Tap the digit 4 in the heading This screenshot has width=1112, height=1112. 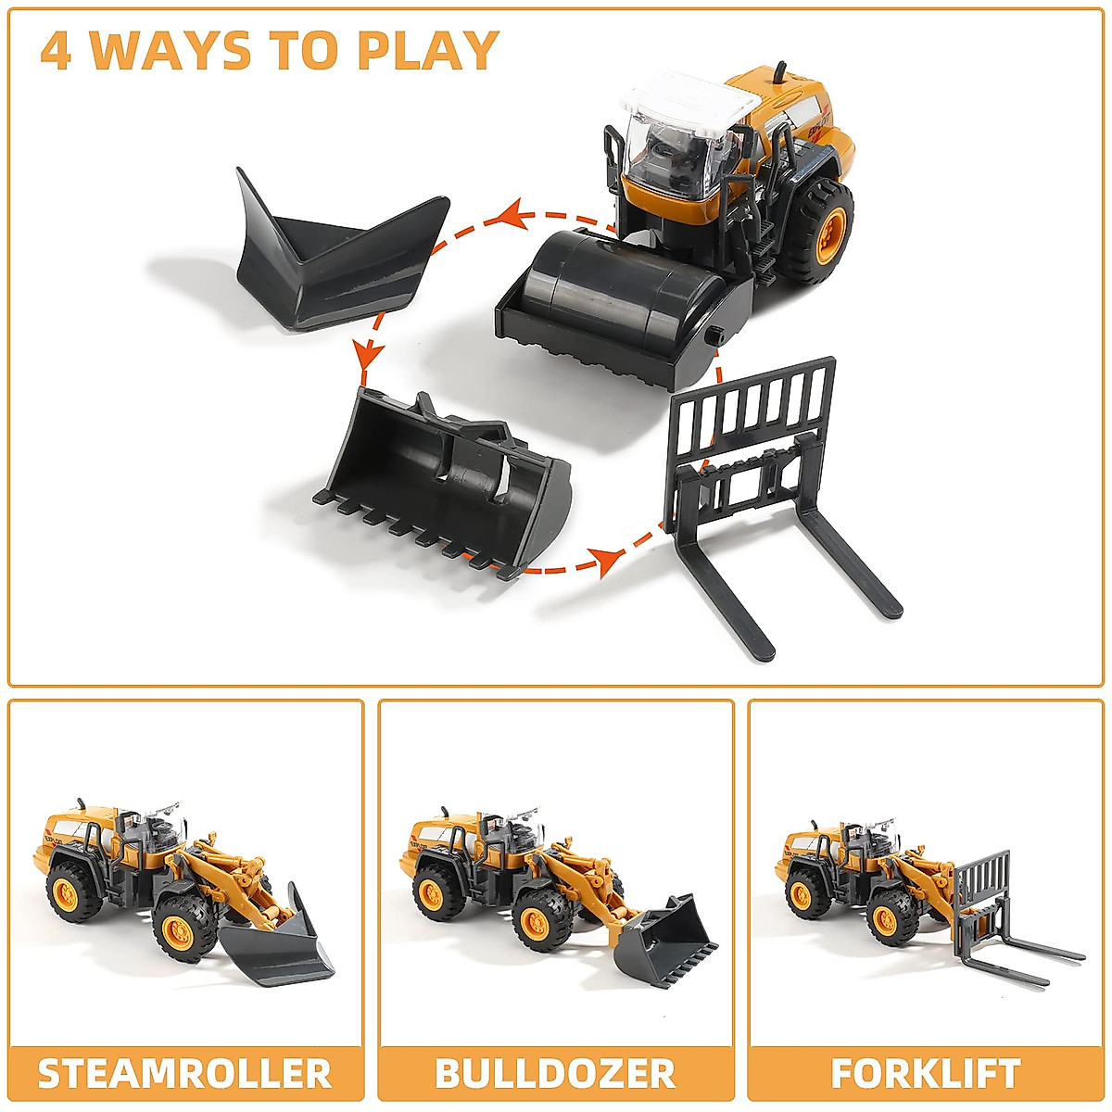pos(57,51)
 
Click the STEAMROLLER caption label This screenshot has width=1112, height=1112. pos(184,1073)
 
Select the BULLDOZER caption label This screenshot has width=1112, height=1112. pos(555,1073)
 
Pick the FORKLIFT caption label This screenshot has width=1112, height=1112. pos(925,1073)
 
